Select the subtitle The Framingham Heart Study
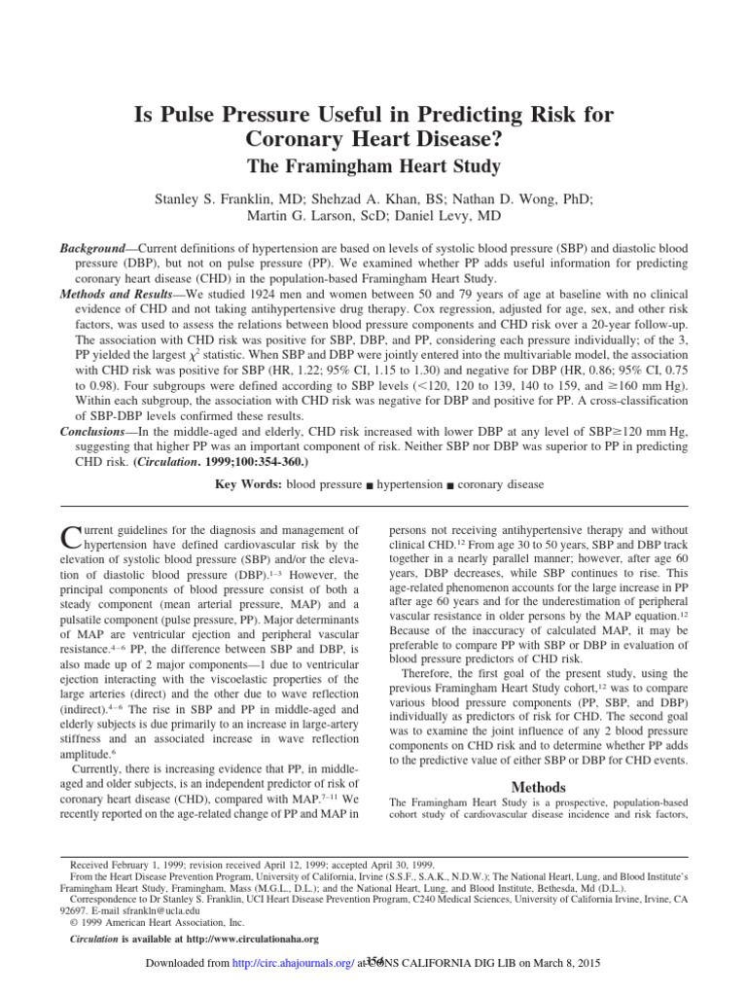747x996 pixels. [x=373, y=166]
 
